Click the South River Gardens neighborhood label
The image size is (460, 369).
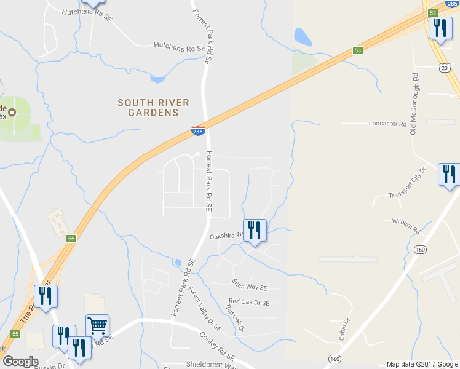click(x=153, y=108)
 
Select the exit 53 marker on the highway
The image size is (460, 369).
click(x=357, y=50)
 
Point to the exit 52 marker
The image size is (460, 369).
click(x=433, y=13)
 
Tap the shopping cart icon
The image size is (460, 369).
click(x=98, y=325)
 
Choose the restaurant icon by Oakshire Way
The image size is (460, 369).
click(x=255, y=231)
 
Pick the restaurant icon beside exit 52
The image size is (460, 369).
click(x=440, y=29)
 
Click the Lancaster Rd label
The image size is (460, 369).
click(x=388, y=123)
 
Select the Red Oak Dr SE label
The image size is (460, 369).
click(x=249, y=302)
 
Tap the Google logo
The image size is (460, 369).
click(x=20, y=362)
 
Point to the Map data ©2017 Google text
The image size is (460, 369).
click(x=422, y=364)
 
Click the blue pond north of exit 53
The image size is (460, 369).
click(x=303, y=38)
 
